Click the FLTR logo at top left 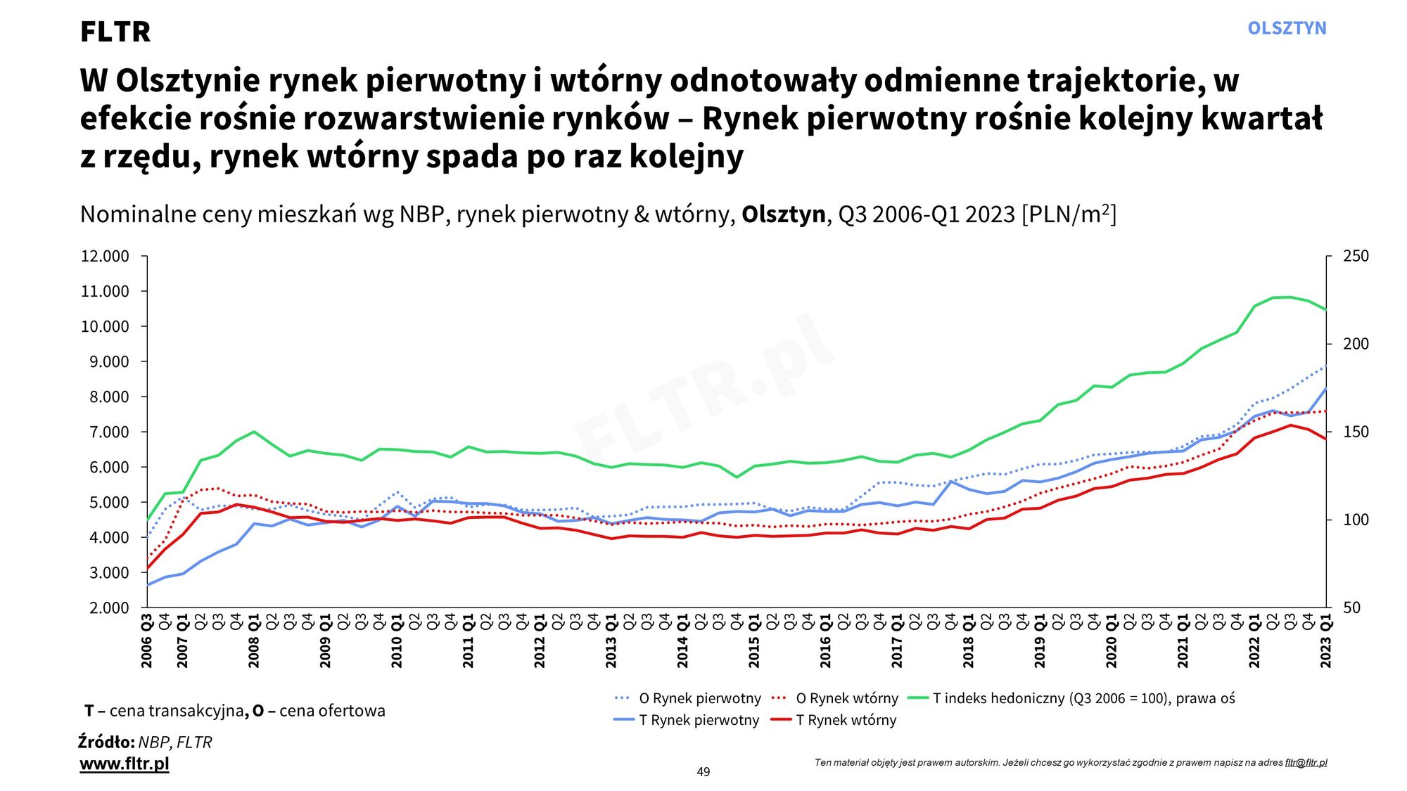pos(115,32)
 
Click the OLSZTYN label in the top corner pos(1287,28)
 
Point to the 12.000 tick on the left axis pos(106,256)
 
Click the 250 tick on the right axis pos(1356,256)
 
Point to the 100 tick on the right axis pos(1356,520)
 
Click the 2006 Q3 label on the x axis pos(147,641)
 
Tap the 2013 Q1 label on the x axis pos(611,641)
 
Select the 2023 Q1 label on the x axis pos(1326,641)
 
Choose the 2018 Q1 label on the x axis pos(969,641)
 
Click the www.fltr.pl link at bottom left pos(125,764)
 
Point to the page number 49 pos(703,772)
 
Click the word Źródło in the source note pos(106,742)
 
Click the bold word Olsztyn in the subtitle pos(783,214)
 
